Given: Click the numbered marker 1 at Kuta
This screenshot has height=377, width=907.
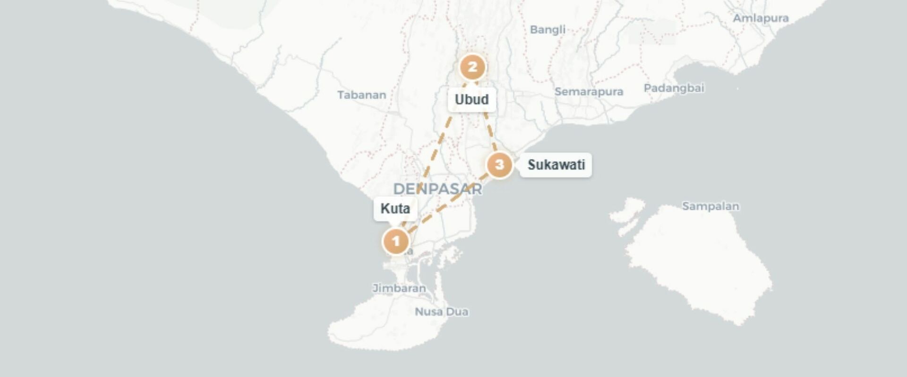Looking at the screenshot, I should coord(396,241).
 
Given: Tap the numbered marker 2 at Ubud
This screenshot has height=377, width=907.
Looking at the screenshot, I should coord(472,67).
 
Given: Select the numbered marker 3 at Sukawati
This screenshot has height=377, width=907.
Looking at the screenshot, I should coord(499,165).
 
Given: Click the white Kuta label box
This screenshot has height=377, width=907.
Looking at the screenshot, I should coord(395,208).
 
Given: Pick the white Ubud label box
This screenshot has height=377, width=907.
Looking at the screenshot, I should coord(471,100).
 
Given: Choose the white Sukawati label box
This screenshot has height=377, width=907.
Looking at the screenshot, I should coord(556,165).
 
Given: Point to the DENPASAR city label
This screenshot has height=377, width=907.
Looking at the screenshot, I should coord(437,189).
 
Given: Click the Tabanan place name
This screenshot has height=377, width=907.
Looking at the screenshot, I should coord(361,95).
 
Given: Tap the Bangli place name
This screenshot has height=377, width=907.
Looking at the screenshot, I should coord(548,29).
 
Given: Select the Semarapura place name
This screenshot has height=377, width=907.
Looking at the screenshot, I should coord(589,92).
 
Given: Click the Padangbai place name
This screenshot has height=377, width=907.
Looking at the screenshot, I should coord(674,88).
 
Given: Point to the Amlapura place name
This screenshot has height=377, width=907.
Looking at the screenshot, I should coord(761,18).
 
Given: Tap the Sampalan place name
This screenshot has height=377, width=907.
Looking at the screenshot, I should coord(710,206).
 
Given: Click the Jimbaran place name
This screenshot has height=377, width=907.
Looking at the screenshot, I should coord(399,288).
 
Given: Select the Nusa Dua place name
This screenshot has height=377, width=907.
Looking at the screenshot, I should coord(441,312).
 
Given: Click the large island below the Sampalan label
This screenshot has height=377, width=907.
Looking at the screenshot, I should coord(699,265).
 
